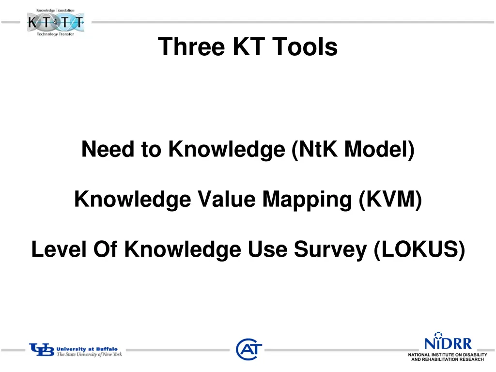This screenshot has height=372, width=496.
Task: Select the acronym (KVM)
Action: click(391, 199)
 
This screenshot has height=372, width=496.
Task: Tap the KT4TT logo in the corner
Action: click(55, 22)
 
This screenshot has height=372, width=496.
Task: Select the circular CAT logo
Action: click(249, 349)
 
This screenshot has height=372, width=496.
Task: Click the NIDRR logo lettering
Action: click(448, 343)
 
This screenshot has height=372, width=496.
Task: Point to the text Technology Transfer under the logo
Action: click(55, 34)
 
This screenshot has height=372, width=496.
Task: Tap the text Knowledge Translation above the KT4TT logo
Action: click(55, 10)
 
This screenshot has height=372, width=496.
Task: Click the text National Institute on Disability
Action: click(447, 355)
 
